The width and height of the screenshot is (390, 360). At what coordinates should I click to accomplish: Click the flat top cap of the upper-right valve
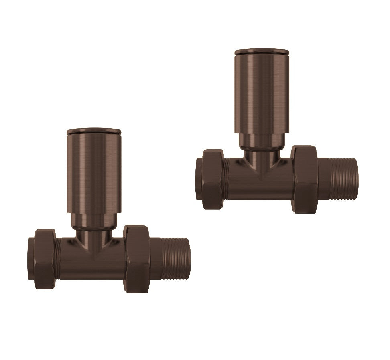point(262,52)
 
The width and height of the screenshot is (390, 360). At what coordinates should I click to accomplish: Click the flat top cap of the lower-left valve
point(94,131)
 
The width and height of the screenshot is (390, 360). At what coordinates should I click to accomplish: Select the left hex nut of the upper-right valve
point(213,179)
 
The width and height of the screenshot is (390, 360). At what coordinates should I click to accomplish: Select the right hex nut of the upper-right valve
point(305,179)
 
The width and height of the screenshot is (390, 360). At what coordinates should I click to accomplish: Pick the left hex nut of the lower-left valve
point(45,259)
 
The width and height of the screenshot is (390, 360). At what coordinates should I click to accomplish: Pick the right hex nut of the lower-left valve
point(136,259)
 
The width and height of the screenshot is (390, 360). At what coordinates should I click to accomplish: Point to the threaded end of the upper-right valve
point(343,179)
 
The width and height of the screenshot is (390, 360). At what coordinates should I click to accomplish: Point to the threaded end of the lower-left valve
point(176,259)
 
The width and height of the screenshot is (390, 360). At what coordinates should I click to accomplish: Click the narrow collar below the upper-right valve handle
point(262,141)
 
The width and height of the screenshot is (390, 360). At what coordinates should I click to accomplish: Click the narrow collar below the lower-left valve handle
point(94,221)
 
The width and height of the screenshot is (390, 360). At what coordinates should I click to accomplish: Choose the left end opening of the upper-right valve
point(199,179)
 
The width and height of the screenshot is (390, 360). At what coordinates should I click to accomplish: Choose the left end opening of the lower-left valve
point(31,259)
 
